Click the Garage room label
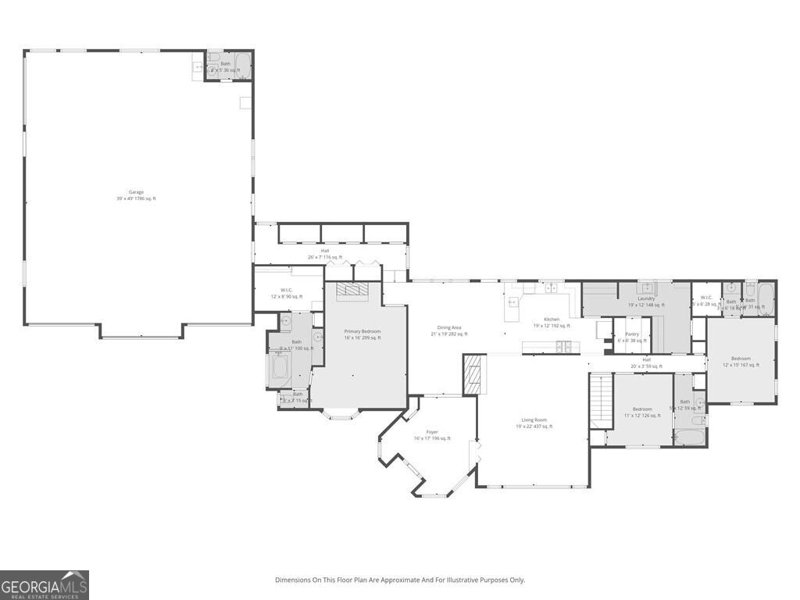click(x=136, y=195)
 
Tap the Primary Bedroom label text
click(x=362, y=334)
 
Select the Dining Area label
click(x=448, y=330)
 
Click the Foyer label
click(x=432, y=435)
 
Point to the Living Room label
click(x=534, y=423)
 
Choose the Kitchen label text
click(x=552, y=323)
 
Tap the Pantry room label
click(x=632, y=337)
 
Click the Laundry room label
click(x=646, y=302)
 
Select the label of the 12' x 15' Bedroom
click(x=741, y=362)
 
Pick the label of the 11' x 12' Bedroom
click(x=642, y=412)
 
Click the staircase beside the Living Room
click(x=599, y=401)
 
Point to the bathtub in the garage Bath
click(x=242, y=66)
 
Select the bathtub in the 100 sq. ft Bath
click(x=279, y=370)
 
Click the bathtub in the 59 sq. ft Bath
click(x=690, y=437)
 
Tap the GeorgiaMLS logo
click(x=45, y=585)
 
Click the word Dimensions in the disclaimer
click(x=293, y=580)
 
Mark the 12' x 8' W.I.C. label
click(x=287, y=293)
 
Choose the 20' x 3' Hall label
click(x=646, y=362)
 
